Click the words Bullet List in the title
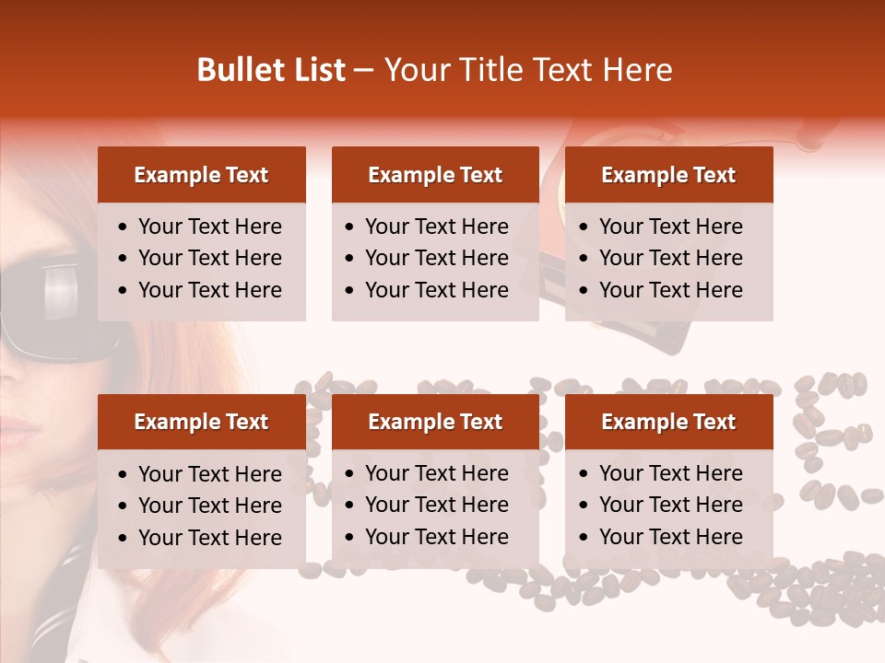tap(271, 70)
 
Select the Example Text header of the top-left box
tap(201, 175)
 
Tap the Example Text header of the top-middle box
tap(435, 175)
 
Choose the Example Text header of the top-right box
tap(668, 175)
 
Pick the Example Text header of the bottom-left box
tap(201, 422)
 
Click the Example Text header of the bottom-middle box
tap(435, 422)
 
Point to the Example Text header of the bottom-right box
tap(668, 422)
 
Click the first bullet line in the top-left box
tap(210, 227)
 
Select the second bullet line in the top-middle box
tap(437, 258)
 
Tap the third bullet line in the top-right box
tap(671, 290)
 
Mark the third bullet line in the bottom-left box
tap(210, 538)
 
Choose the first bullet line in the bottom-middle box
tap(437, 473)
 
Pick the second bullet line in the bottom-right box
tap(671, 505)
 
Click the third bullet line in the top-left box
tap(210, 290)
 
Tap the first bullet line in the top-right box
tap(671, 227)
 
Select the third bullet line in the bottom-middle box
tap(437, 537)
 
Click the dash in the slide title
tap(364, 71)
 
